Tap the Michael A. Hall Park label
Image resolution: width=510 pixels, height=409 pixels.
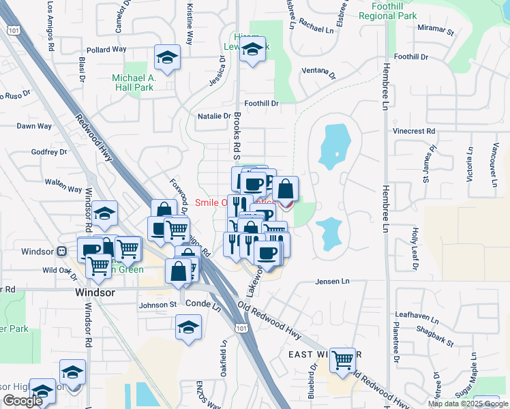pyautogui.click(x=134, y=83)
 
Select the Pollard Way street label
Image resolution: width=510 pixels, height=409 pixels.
pyautogui.click(x=106, y=50)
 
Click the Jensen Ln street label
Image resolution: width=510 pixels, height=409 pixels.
pyautogui.click(x=332, y=281)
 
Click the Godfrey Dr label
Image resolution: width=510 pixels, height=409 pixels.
pyautogui.click(x=46, y=153)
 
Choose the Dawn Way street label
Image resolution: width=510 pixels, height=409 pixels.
pyautogui.click(x=34, y=126)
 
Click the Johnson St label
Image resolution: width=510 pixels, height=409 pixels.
pyautogui.click(x=157, y=305)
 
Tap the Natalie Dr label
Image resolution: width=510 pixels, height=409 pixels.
pyautogui.click(x=214, y=116)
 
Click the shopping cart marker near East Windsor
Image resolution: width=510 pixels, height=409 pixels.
pyautogui.click(x=344, y=359)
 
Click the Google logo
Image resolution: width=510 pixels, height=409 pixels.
pyautogui.click(x=22, y=401)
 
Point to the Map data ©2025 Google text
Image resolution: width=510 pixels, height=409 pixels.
pyautogui.click(x=468, y=404)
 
